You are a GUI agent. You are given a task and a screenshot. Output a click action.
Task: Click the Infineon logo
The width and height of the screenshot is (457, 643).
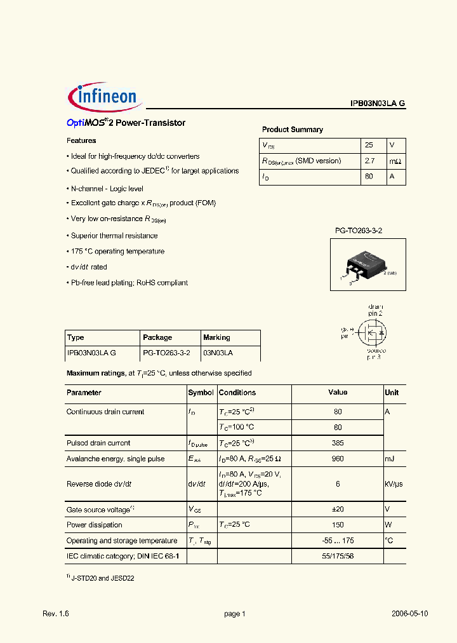pyautogui.click(x=105, y=97)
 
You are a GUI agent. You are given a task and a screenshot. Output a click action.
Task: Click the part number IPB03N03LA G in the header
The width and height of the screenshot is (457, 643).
pyautogui.click(x=377, y=104)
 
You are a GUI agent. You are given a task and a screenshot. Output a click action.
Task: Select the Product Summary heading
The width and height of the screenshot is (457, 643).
pyautogui.click(x=292, y=130)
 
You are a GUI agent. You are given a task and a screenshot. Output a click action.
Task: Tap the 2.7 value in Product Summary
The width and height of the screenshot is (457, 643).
pyautogui.click(x=369, y=161)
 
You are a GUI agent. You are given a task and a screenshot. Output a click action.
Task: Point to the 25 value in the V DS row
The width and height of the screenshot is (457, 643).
pyautogui.click(x=369, y=145)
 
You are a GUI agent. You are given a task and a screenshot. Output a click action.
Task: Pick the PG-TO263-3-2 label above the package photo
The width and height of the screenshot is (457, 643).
pyautogui.click(x=359, y=231)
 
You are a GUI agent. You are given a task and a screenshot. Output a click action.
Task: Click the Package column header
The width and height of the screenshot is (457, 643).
pyautogui.click(x=157, y=337)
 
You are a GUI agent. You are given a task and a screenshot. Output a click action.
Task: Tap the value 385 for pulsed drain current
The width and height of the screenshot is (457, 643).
pyautogui.click(x=338, y=443)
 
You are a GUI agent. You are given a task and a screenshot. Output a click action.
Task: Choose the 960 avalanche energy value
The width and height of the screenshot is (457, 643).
pyautogui.click(x=338, y=459)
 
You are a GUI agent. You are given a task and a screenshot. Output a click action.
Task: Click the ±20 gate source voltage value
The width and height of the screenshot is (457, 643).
pyautogui.click(x=338, y=509)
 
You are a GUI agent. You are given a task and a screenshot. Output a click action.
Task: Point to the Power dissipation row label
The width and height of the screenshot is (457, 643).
pyautogui.click(x=94, y=525)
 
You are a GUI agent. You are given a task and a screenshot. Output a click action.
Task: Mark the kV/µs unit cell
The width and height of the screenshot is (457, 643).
pyautogui.click(x=394, y=484)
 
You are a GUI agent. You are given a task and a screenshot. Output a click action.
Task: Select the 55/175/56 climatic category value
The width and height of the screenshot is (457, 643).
pyautogui.click(x=338, y=556)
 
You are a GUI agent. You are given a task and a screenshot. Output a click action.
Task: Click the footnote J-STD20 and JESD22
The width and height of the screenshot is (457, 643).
pyautogui.click(x=103, y=579)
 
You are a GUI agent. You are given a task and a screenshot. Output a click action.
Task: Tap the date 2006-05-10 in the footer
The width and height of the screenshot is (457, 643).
pyautogui.click(x=409, y=614)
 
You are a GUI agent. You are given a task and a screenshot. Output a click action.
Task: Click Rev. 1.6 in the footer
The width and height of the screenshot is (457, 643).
pyautogui.click(x=55, y=614)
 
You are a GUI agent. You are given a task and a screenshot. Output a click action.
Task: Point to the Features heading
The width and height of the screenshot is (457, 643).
pyautogui.click(x=81, y=141)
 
